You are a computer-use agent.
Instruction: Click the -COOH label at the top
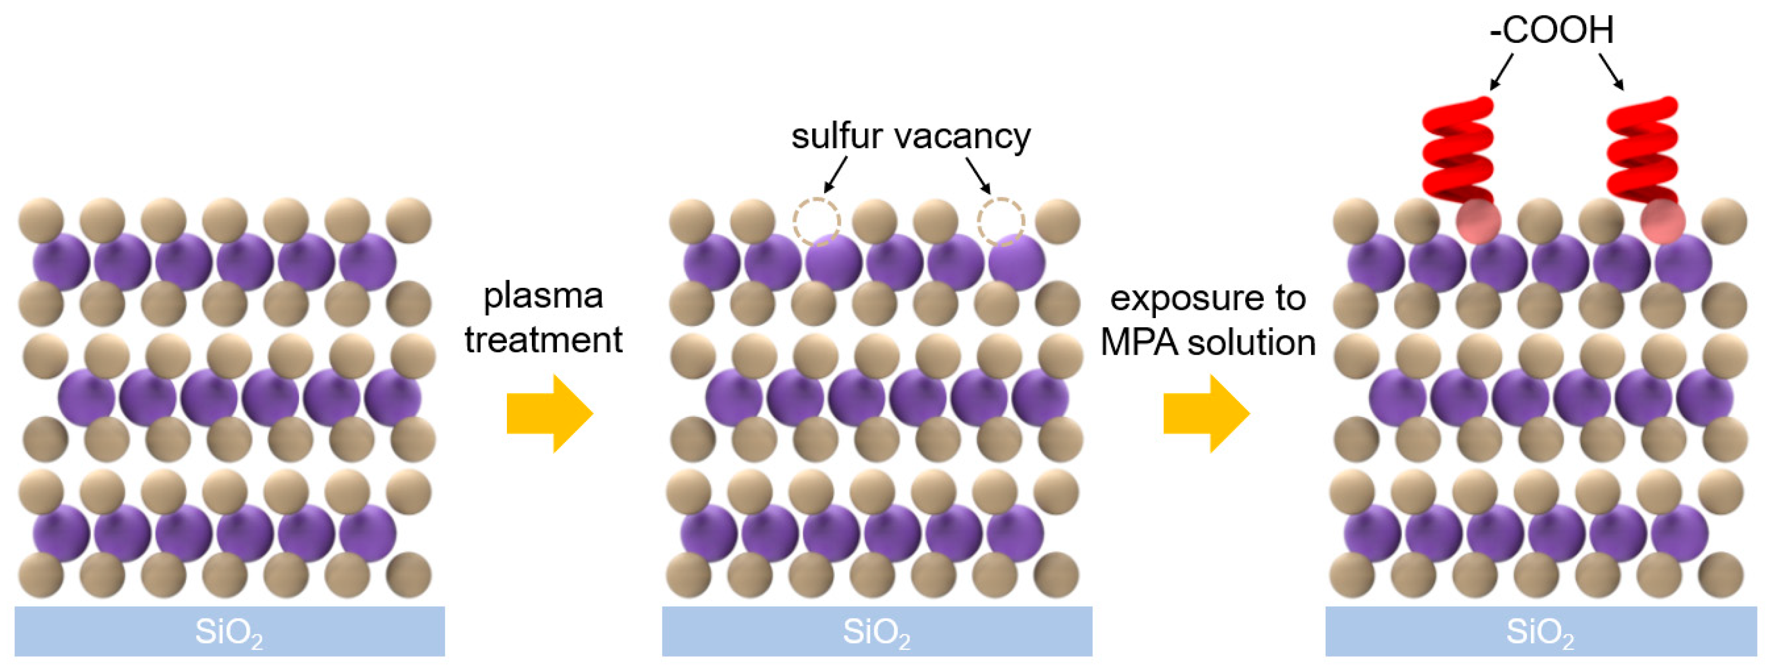(1551, 30)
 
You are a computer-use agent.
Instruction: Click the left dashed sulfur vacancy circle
(817, 221)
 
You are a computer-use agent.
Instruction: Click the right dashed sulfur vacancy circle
(1001, 221)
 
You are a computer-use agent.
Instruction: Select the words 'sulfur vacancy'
(911, 136)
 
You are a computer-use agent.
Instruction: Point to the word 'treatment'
(543, 340)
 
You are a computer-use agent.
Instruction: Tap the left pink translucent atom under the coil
(1478, 221)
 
